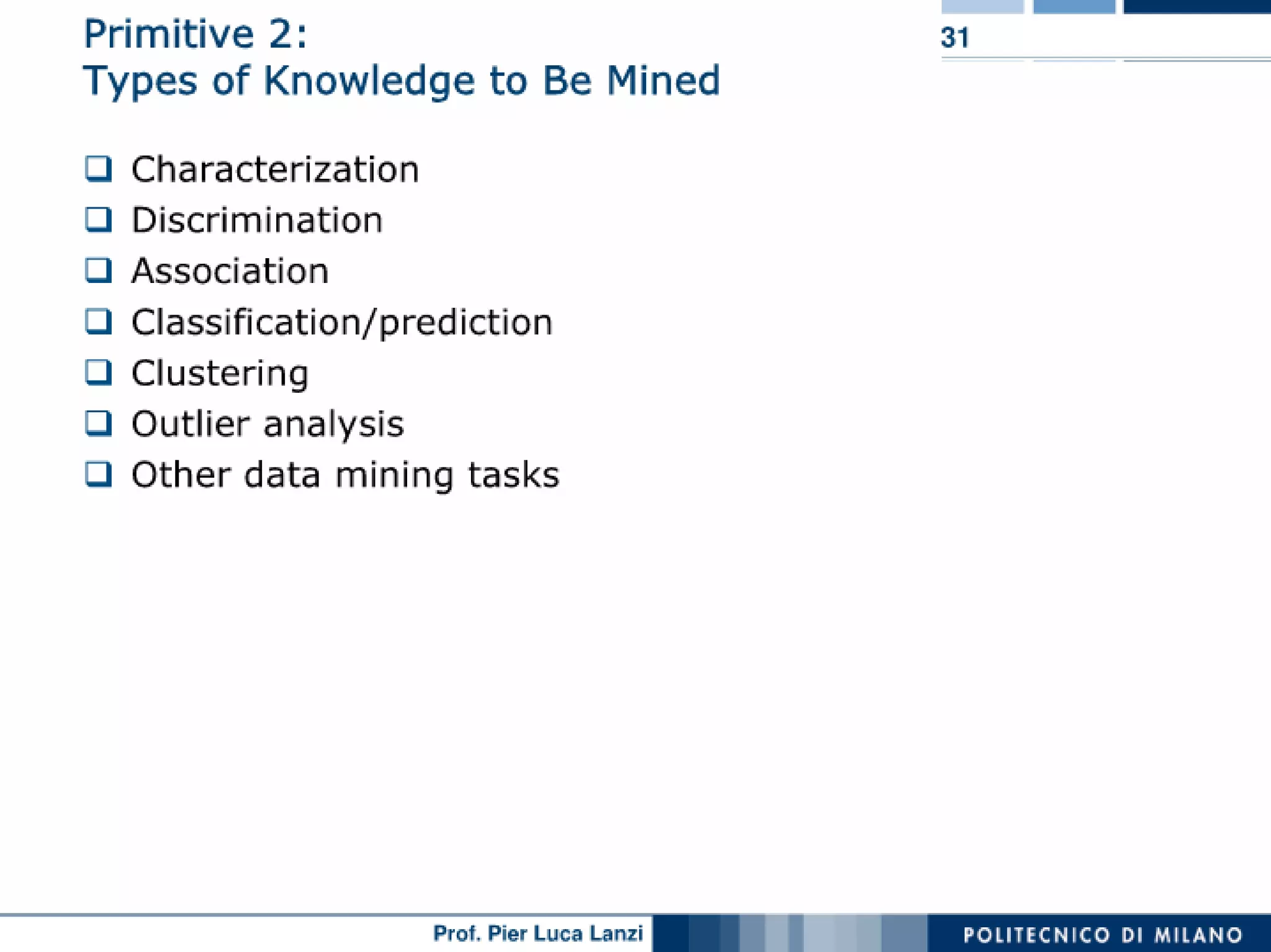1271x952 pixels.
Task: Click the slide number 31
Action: [954, 38]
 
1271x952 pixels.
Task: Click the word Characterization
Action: [275, 169]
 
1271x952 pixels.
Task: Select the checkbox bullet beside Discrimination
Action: [98, 220]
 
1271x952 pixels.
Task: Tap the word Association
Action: [230, 271]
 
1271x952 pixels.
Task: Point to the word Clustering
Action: [220, 374]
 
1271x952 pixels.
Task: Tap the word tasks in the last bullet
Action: [513, 475]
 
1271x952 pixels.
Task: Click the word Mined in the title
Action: [663, 81]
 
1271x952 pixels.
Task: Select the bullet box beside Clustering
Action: [98, 372]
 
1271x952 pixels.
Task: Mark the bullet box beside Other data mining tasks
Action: [98, 474]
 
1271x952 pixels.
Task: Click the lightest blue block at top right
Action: [982, 6]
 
